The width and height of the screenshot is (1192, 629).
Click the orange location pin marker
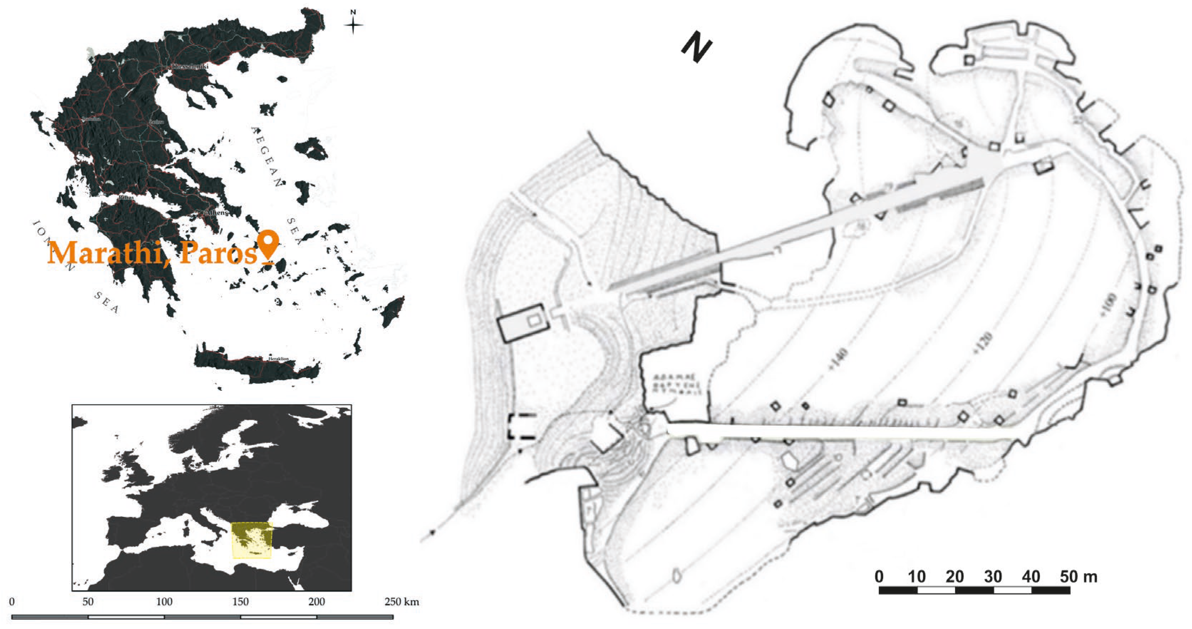pyautogui.click(x=268, y=244)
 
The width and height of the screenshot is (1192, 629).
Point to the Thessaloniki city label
pyautogui.click(x=190, y=67)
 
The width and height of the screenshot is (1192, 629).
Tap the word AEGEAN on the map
pyautogui.click(x=268, y=156)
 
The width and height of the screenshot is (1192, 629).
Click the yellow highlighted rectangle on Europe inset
pyautogui.click(x=252, y=540)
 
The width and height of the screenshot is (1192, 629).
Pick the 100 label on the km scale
pyautogui.click(x=164, y=602)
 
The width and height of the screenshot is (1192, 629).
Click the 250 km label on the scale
pyautogui.click(x=401, y=602)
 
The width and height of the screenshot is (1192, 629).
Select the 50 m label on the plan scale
pyautogui.click(x=1078, y=577)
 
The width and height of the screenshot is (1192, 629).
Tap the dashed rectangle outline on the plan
pyautogui.click(x=522, y=426)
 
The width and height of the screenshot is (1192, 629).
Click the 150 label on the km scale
pyautogui.click(x=240, y=602)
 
